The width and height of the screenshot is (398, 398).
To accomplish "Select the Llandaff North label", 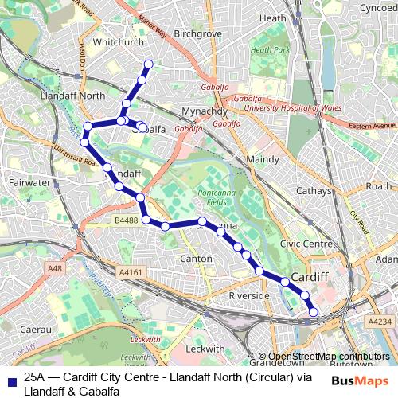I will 78,96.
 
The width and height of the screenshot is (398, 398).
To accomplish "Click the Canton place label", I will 197,259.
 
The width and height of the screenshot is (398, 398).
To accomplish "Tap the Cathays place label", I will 312,191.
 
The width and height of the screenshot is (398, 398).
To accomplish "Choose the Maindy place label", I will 263,159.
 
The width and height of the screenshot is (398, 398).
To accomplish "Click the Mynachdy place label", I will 205,110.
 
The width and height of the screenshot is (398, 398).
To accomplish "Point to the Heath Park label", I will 270,50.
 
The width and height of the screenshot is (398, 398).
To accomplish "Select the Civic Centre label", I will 306,244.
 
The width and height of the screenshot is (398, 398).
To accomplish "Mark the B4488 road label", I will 126,220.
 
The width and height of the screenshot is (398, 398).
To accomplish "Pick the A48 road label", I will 55,269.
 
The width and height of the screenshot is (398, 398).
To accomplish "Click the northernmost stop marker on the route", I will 148,64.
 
